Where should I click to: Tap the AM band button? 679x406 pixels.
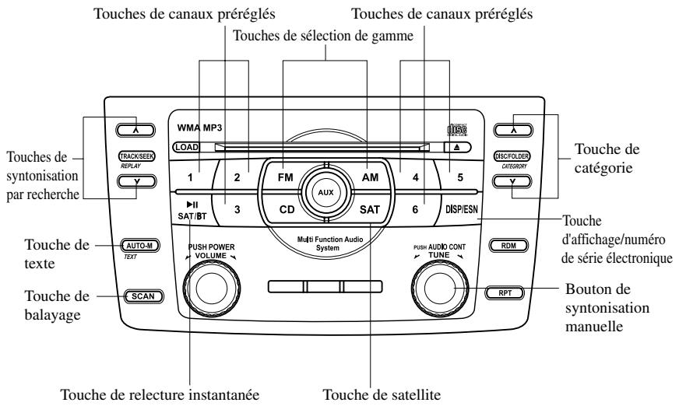[369, 177]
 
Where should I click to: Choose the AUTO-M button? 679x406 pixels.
[140, 245]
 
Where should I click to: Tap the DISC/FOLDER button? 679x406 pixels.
[512, 156]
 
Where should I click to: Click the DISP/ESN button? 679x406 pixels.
[460, 209]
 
